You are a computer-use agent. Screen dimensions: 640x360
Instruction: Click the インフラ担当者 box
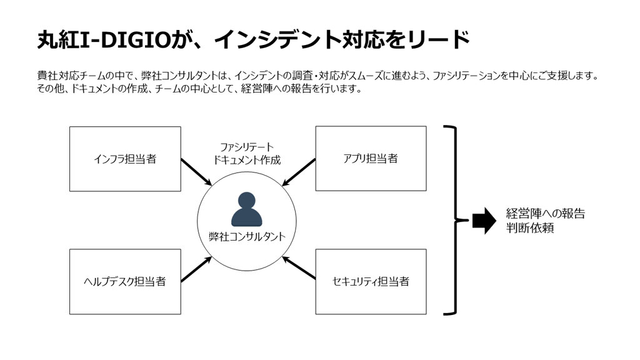(x=125, y=159)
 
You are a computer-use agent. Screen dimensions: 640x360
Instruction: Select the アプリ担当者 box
(x=371, y=158)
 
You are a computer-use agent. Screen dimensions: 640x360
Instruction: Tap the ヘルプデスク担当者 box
(x=125, y=282)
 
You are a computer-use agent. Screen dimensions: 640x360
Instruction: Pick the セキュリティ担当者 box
(x=371, y=282)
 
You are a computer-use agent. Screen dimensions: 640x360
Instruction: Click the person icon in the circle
(x=246, y=210)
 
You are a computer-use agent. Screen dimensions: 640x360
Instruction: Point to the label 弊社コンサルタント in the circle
(x=247, y=237)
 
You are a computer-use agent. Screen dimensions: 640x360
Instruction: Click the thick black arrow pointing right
(x=484, y=221)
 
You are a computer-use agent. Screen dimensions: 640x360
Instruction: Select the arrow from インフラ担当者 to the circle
(x=196, y=172)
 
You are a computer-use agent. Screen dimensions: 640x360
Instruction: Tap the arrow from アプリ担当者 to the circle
(x=299, y=172)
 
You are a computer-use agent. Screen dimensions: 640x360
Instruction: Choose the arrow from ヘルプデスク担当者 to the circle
(x=196, y=269)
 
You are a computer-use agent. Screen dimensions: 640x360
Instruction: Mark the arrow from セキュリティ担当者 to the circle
(x=299, y=268)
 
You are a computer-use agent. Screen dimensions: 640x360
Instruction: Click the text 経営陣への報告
(x=545, y=214)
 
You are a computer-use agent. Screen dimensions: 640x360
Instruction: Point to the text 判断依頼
(x=530, y=227)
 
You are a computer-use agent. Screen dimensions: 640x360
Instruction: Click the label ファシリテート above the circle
(x=247, y=147)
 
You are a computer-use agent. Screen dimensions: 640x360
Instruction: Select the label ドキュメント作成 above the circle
(x=247, y=160)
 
